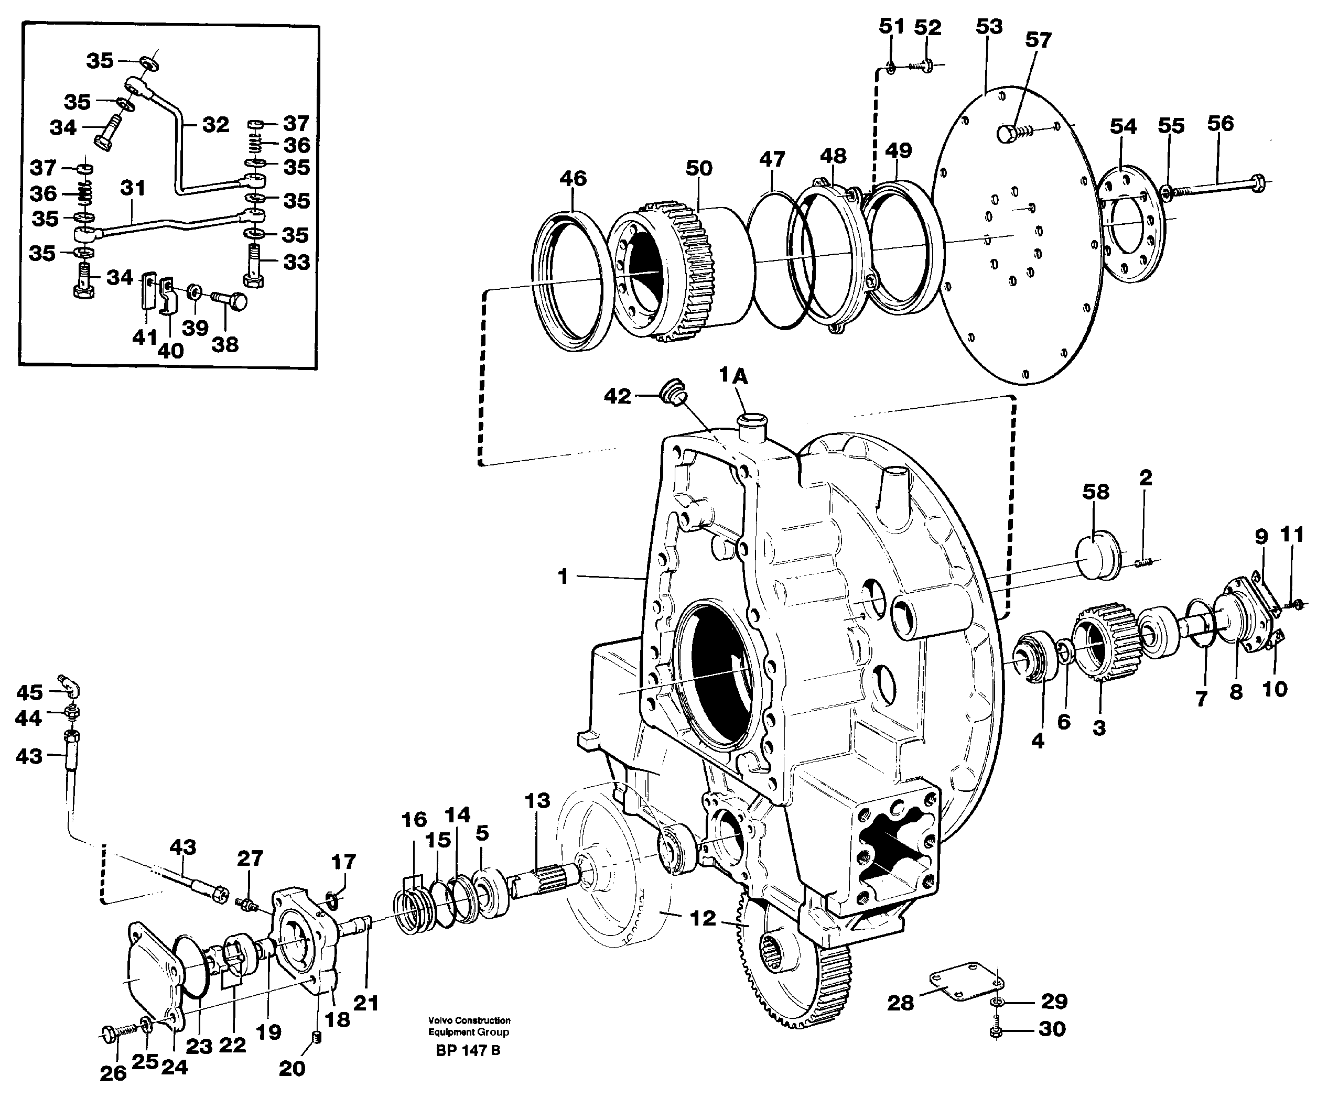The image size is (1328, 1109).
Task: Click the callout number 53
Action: coord(988,27)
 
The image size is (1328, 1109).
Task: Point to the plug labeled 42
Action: coord(672,392)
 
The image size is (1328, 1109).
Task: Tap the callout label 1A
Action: coord(733,376)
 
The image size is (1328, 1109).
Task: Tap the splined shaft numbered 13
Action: coord(545,877)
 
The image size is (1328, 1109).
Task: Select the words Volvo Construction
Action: coord(469,1020)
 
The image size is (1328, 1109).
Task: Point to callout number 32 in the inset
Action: coord(215,125)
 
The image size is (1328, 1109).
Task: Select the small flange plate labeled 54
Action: coord(1132,223)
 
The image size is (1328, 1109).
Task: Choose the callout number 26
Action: coord(113,1073)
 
